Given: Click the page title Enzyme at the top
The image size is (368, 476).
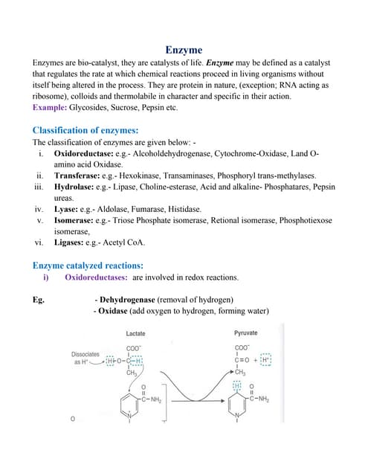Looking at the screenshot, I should tap(183, 50).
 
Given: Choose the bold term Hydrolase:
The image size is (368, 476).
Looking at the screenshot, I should tap(77, 187).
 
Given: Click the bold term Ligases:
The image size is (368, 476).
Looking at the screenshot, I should tap(74, 242).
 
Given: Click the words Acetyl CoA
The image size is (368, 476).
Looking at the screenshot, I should tap(127, 242).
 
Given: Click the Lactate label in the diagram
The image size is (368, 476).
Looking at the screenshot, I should tap(135, 334).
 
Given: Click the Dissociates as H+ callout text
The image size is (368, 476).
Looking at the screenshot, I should tap(85, 358).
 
